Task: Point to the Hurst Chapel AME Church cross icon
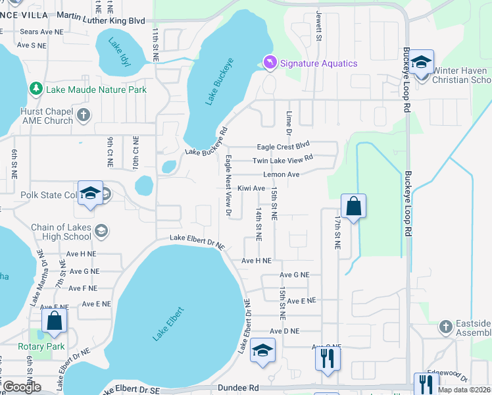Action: [83, 115]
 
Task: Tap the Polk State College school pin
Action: [90, 193]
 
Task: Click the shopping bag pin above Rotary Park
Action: [54, 321]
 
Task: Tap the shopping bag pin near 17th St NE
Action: [353, 206]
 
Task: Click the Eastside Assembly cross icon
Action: [446, 327]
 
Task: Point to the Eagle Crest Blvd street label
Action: [283, 146]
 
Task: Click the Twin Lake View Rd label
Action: [283, 160]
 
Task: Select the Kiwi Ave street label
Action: [251, 188]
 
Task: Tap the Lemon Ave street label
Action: [281, 174]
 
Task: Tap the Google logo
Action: [22, 387]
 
